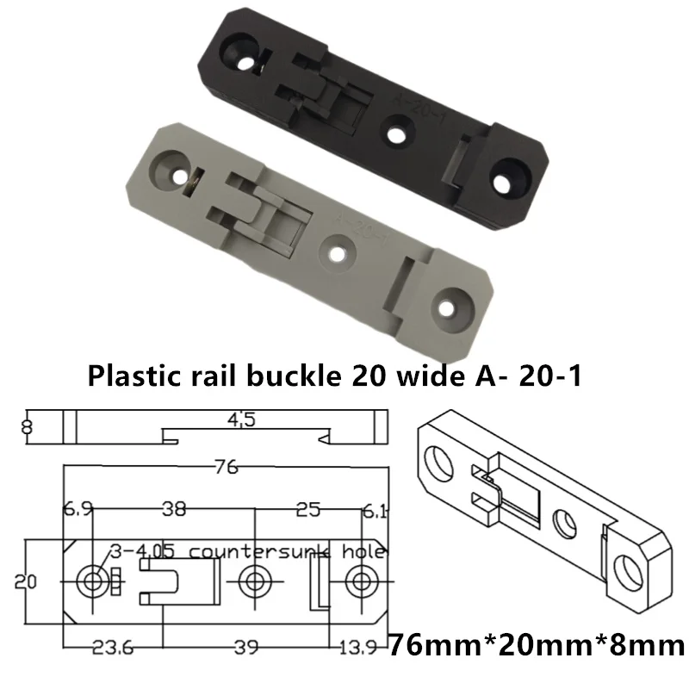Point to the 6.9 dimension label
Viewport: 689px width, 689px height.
[x=77, y=509]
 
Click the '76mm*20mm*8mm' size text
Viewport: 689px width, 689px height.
[x=536, y=643]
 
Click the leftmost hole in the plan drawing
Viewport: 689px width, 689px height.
[x=90, y=580]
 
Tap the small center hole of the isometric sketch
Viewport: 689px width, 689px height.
[x=564, y=522]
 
